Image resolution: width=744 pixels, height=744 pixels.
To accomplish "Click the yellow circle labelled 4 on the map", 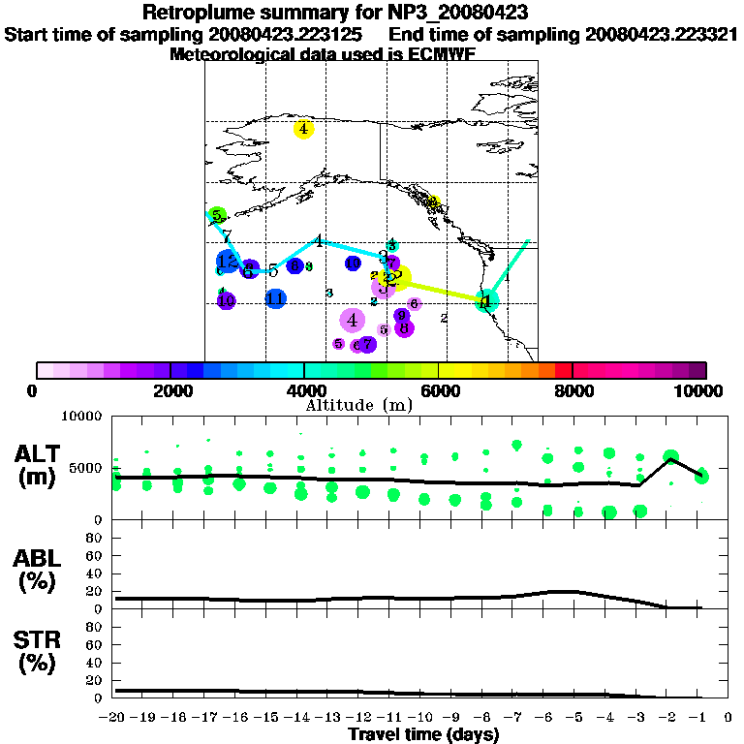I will [304, 129].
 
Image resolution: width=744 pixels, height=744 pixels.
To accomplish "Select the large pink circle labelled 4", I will [352, 320].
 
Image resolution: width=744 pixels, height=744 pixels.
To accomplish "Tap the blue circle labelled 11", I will [276, 299].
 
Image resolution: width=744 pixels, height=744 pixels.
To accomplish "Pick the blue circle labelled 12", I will [227, 262].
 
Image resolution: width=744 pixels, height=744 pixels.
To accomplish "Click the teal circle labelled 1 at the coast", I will [487, 301].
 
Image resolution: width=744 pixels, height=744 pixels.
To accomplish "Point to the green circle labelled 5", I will [217, 215].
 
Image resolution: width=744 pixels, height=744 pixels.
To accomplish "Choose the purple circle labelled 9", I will [401, 316].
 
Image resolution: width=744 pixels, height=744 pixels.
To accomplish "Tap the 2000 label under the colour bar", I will [170, 390].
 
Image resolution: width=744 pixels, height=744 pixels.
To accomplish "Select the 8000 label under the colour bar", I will [572, 390].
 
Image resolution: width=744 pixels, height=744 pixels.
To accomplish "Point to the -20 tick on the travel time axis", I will [116, 718].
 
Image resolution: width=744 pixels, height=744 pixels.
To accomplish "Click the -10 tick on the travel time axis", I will [423, 718].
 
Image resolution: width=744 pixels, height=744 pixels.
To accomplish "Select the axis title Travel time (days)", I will [423, 735].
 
